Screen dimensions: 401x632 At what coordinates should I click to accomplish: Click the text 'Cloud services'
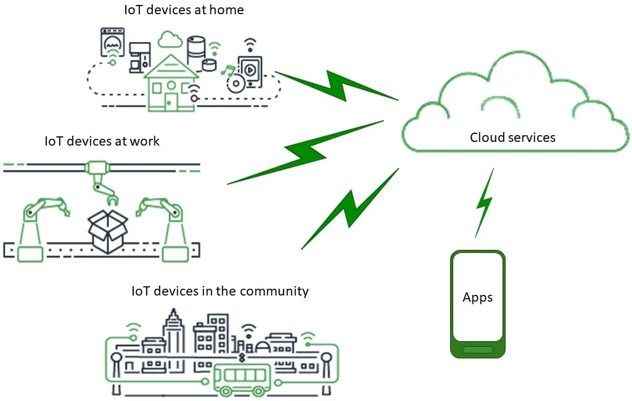(x=512, y=137)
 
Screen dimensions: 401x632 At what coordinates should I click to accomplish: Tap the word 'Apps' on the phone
(x=477, y=297)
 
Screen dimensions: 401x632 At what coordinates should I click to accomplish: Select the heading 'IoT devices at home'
(x=184, y=10)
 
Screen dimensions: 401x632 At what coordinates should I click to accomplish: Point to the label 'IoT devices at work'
(x=102, y=141)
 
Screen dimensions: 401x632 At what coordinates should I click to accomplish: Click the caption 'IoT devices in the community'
(x=220, y=291)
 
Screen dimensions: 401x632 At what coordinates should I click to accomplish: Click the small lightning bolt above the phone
(x=485, y=204)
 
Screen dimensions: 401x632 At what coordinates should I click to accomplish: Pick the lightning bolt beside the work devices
(x=305, y=152)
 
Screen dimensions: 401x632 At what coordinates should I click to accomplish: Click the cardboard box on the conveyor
(x=107, y=231)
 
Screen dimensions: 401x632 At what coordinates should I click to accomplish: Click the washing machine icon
(x=112, y=44)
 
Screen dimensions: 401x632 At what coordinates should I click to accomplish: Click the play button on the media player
(x=249, y=69)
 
